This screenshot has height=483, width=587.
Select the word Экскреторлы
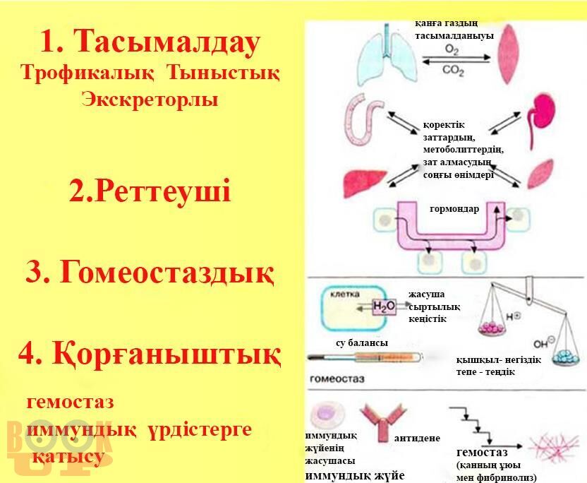(150, 99)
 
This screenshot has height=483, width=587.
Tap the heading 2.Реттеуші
(150, 191)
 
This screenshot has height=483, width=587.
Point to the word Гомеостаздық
(167, 272)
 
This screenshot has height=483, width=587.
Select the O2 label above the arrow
(452, 49)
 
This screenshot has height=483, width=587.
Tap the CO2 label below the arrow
(452, 71)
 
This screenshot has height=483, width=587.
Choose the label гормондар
(454, 209)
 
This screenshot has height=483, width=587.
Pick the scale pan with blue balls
(564, 356)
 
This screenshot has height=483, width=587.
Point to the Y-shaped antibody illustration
(381, 420)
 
